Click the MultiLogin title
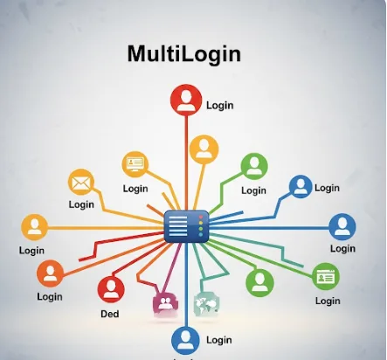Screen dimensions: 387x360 point(184,54)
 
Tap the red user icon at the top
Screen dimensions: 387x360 point(186,100)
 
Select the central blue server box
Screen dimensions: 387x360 point(187,226)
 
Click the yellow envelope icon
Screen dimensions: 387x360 point(81,183)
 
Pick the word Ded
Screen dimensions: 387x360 point(110,314)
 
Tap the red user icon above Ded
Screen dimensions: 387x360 point(111,289)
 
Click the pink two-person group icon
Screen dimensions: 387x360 point(165,304)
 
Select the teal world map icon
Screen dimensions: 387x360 point(206,304)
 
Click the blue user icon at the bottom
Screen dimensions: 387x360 point(185,341)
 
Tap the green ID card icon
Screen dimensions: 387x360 point(326,277)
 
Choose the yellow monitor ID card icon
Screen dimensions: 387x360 point(135,164)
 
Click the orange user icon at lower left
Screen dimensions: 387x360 point(50,273)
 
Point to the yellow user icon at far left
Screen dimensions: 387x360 point(35,227)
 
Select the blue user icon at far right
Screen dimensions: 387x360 point(342,227)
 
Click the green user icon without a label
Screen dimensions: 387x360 point(259,283)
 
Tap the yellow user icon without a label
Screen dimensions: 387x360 point(204,149)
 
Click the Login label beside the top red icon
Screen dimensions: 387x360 point(220,105)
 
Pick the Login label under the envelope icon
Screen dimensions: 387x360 point(81,204)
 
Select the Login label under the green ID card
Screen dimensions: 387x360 point(328,301)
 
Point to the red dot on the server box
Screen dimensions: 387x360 point(201,218)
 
